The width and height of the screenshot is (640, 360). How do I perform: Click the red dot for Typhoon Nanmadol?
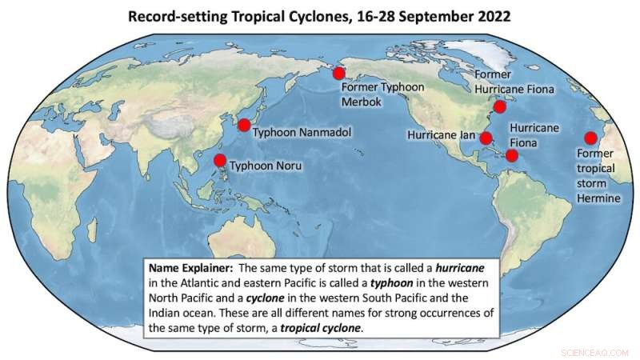point(243,124)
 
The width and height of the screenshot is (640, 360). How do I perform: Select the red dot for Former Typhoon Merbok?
point(338,73)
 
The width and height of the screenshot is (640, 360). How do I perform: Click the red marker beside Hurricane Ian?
point(485,138)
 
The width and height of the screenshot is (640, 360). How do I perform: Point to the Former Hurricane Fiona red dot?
point(499,106)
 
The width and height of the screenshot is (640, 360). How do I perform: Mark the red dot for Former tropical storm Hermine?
point(591,137)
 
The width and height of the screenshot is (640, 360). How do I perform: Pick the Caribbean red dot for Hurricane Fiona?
point(511,155)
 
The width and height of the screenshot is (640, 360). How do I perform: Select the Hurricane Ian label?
point(442,136)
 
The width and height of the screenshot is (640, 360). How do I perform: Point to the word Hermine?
point(598,198)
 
